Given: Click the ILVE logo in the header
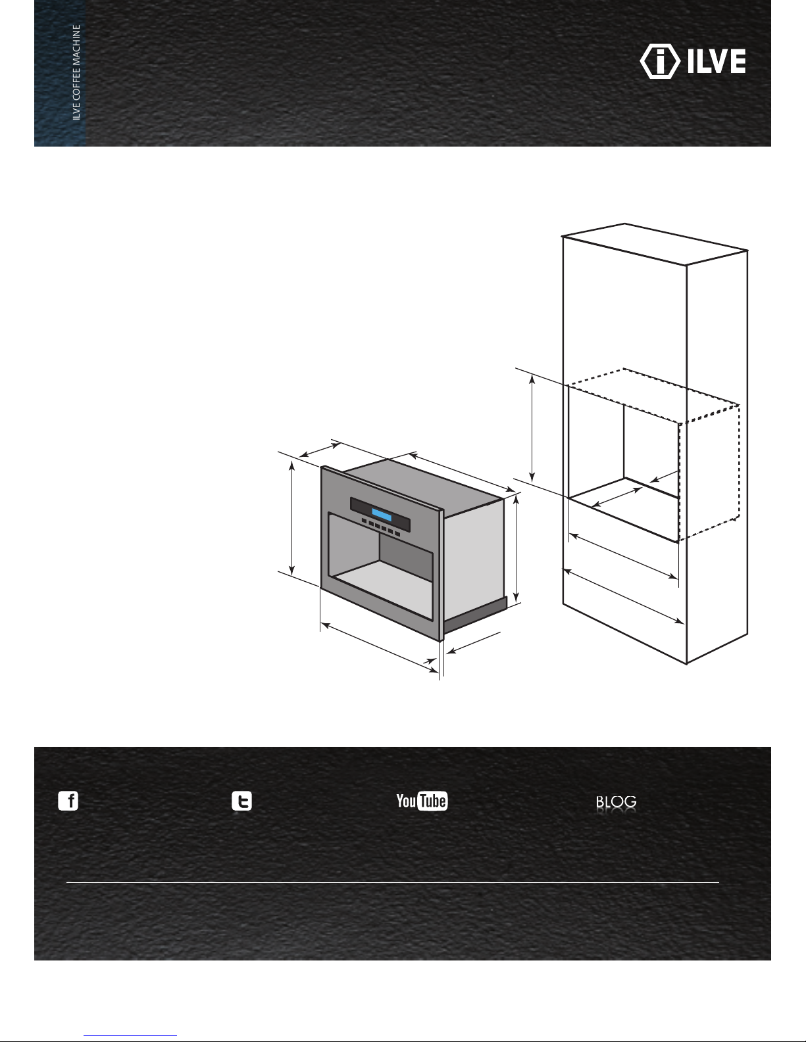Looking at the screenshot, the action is (x=693, y=61).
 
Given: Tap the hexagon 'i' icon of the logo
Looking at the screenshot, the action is (x=660, y=61).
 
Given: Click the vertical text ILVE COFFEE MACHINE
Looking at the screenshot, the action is (x=76, y=72).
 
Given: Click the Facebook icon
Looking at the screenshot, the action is (x=68, y=801).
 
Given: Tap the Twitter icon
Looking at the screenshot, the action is (x=242, y=801).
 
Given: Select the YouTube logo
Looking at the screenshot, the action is (x=422, y=801).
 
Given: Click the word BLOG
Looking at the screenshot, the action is (x=616, y=801).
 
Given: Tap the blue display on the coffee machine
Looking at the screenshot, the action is (x=382, y=515).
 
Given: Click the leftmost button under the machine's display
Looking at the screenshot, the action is (x=365, y=521).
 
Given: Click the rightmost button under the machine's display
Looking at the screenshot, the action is (x=397, y=534).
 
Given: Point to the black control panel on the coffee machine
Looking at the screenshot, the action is (x=380, y=515).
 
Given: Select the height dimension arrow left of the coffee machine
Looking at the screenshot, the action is (x=291, y=518).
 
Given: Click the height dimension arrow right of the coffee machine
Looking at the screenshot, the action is (x=516, y=548).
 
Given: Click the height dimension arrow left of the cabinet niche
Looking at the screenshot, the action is (x=532, y=428).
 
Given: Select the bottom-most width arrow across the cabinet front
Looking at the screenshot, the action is (x=623, y=596).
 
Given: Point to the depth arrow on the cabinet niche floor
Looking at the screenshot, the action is (x=617, y=497).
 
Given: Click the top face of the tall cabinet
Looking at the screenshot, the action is (x=655, y=244).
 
